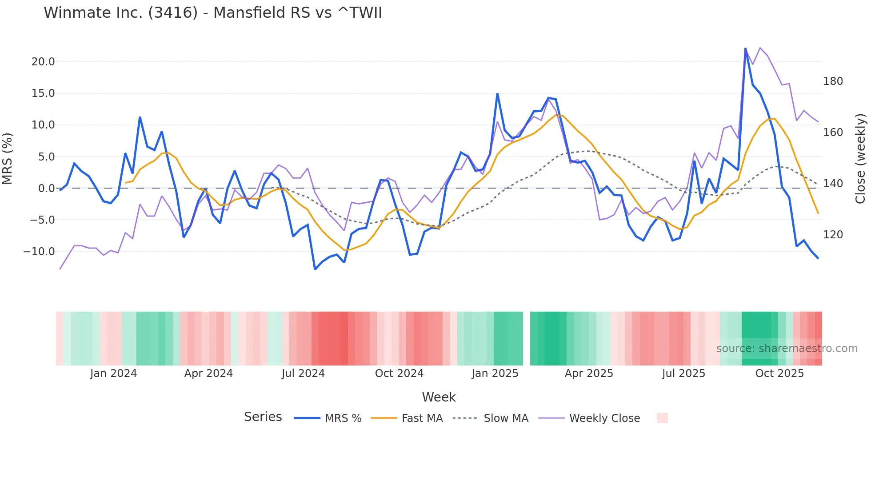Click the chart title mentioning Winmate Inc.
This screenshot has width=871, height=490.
(x=212, y=13)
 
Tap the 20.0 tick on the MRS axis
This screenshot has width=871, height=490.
(x=43, y=62)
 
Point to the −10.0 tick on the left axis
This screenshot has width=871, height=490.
(x=39, y=252)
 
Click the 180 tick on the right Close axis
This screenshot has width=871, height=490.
(x=833, y=81)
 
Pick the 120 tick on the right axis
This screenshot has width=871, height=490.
(x=833, y=235)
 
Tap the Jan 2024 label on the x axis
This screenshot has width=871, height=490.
(x=113, y=374)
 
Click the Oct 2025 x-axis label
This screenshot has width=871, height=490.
(x=779, y=374)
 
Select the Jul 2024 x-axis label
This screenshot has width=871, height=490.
(x=303, y=374)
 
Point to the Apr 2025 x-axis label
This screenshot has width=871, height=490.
(x=589, y=374)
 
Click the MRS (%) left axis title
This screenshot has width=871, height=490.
(x=8, y=159)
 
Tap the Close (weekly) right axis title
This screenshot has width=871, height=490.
(x=861, y=159)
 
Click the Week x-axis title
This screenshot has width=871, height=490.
(x=439, y=397)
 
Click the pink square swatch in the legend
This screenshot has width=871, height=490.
(x=662, y=418)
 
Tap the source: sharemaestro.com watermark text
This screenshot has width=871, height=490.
(x=787, y=349)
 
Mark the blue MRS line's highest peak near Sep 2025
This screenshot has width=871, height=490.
(x=745, y=48)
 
